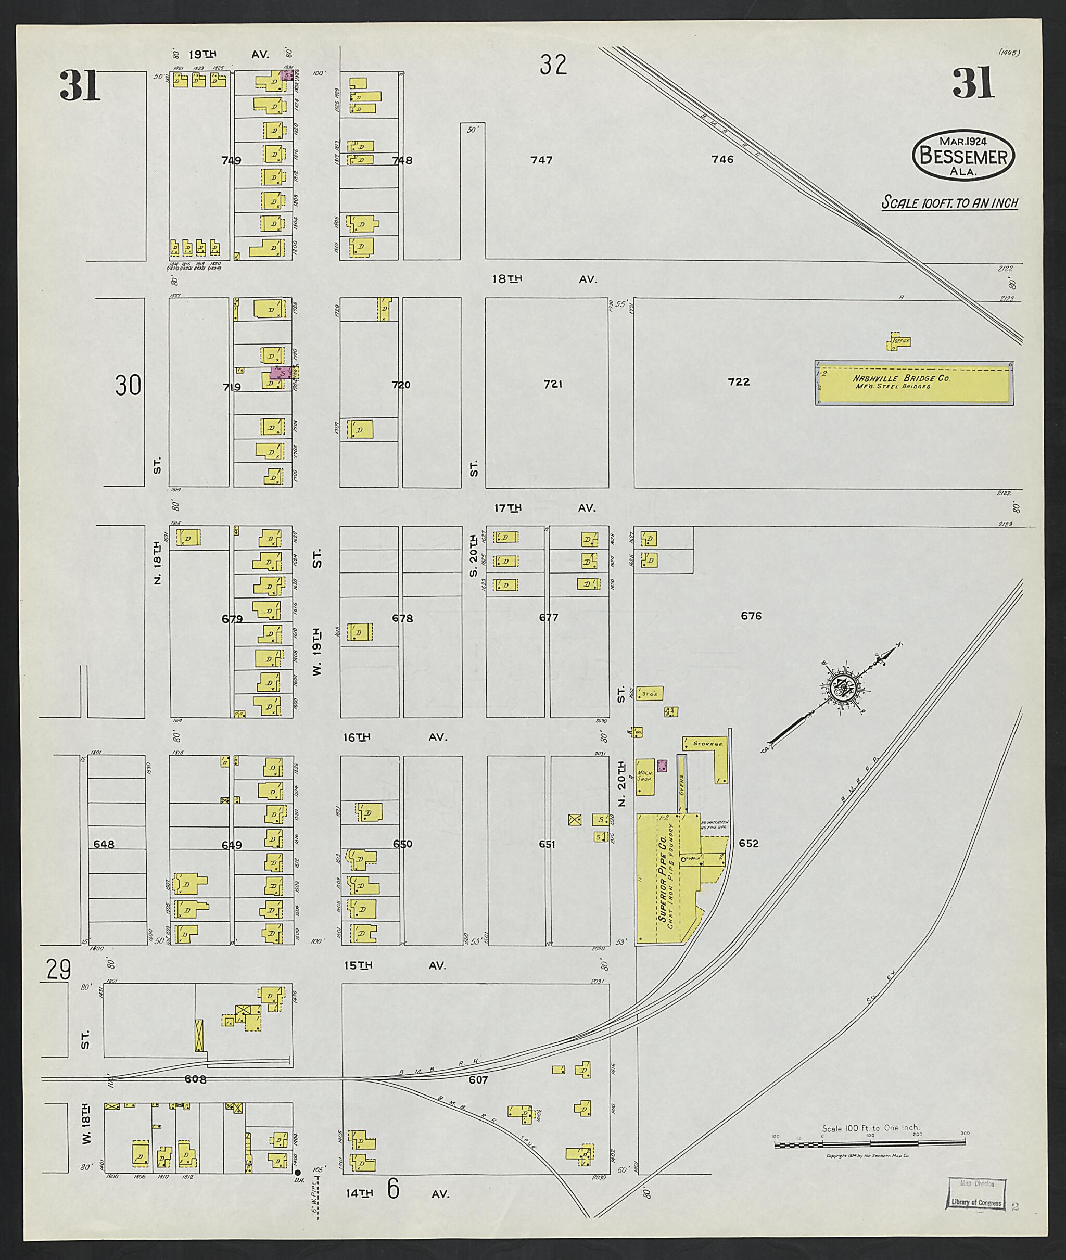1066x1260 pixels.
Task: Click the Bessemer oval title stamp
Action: [963, 155]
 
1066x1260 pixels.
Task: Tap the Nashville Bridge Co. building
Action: [913, 383]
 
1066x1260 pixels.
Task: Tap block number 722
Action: [739, 382]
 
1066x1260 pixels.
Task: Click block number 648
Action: [104, 844]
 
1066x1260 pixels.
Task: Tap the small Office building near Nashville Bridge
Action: [900, 341]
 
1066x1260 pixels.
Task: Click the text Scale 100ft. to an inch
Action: [949, 202]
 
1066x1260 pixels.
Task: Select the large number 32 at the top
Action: [553, 65]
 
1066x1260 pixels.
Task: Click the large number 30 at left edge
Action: [128, 386]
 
